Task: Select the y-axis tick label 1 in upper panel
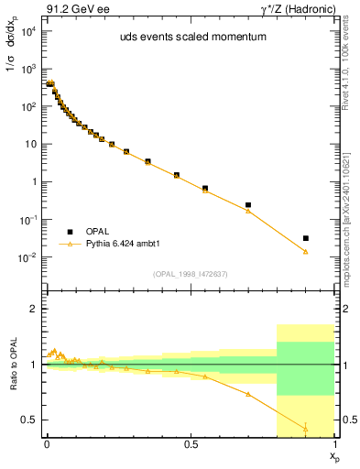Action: click(x=32, y=181)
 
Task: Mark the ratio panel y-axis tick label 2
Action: click(x=32, y=309)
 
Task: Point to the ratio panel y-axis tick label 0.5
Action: click(x=27, y=420)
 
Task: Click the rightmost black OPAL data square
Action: click(x=306, y=238)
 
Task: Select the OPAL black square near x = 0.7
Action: click(x=248, y=205)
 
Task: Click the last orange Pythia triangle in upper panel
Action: click(x=306, y=251)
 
